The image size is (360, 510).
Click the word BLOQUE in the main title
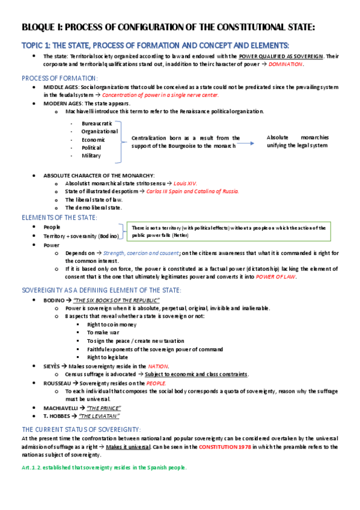pos(40,27)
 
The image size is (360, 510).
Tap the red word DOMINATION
pos(285,64)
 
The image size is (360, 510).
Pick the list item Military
pos(91,156)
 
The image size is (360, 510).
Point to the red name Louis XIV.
pos(185,183)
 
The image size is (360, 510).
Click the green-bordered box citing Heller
pos(228,232)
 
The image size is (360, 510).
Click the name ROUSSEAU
pos(57,382)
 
